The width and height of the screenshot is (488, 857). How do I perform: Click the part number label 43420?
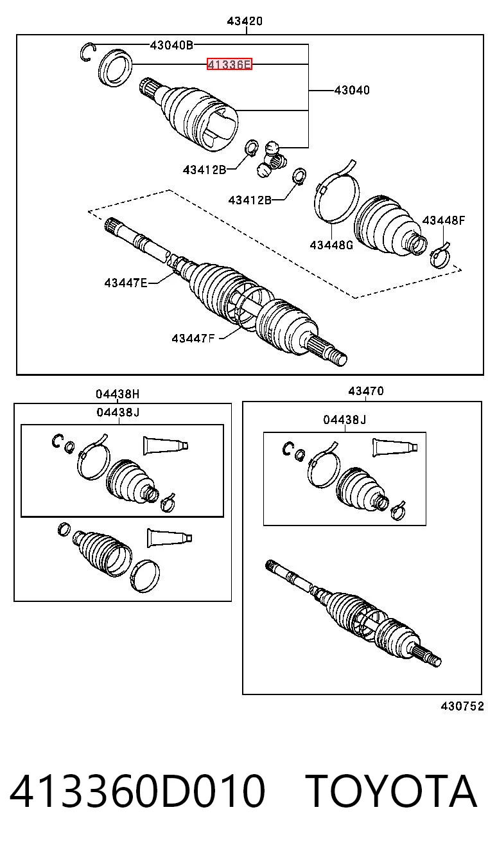(x=245, y=21)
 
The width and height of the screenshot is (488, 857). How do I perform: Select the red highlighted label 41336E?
(x=229, y=64)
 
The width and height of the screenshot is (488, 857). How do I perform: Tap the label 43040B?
(x=171, y=45)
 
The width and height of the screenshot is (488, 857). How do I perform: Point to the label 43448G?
(x=331, y=245)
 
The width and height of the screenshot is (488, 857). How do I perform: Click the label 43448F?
(x=444, y=220)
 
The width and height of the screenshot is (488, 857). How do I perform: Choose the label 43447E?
(x=126, y=283)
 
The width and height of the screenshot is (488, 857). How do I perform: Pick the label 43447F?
(x=193, y=338)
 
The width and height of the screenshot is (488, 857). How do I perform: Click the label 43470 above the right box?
(x=366, y=391)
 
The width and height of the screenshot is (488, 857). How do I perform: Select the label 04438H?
(x=118, y=394)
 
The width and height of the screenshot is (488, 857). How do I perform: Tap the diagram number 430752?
(x=462, y=706)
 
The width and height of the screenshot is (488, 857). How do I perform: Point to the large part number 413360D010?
(x=137, y=791)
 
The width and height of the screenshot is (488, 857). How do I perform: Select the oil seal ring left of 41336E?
(x=115, y=67)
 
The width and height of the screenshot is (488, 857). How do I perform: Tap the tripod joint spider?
(x=271, y=160)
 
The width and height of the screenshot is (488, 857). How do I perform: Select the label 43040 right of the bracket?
(x=353, y=91)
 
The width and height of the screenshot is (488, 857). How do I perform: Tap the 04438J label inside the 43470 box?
(x=345, y=420)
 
